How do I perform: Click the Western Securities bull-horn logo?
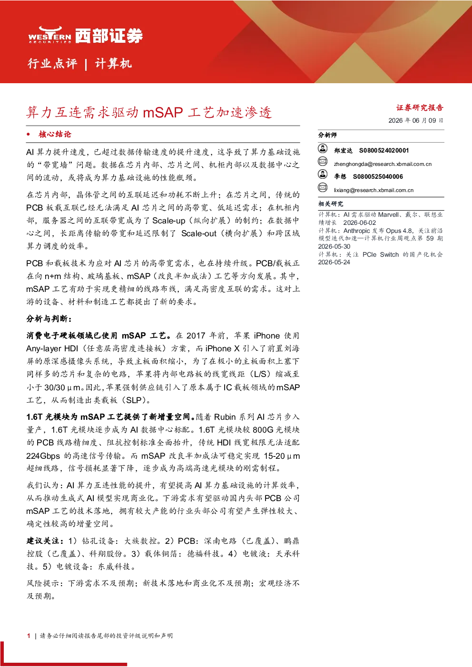(50, 35)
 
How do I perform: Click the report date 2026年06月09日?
(416, 120)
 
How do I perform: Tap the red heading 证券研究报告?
(420, 107)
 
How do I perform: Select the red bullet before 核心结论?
(28, 134)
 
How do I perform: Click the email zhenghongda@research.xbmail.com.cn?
(383, 164)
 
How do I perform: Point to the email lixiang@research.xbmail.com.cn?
(374, 190)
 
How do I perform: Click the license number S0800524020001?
(384, 150)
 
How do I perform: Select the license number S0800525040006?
(378, 176)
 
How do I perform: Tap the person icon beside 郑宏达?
(323, 148)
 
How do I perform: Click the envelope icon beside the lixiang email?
(323, 188)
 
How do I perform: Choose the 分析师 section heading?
(327, 135)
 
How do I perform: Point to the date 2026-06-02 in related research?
(359, 223)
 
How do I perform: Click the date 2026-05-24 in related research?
(334, 262)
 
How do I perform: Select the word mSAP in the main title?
(163, 113)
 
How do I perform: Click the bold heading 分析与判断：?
(49, 319)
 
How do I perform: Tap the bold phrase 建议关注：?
(45, 541)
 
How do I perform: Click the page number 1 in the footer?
(29, 636)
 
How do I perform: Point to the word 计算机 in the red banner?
(113, 64)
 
